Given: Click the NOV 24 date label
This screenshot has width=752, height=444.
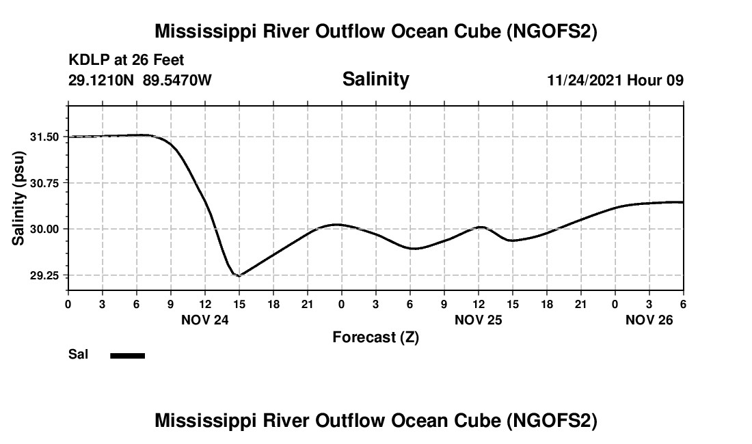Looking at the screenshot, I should tap(204, 320).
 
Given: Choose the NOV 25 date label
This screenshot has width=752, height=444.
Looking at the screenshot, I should tap(478, 320).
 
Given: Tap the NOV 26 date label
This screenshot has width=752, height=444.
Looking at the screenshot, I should tap(649, 320).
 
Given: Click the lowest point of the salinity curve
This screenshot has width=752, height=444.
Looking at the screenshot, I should tap(239, 276).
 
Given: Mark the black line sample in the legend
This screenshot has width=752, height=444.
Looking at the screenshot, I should tap(128, 355).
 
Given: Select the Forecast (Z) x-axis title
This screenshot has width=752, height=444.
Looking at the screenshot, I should tap(375, 337).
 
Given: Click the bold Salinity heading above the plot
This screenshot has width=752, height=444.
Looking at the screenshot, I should tap(375, 79).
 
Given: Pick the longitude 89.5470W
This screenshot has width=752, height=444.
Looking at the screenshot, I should tap(177, 81).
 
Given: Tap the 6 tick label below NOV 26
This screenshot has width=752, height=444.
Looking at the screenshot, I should tap(683, 303).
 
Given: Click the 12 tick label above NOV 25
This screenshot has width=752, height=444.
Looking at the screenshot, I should tap(478, 303).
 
